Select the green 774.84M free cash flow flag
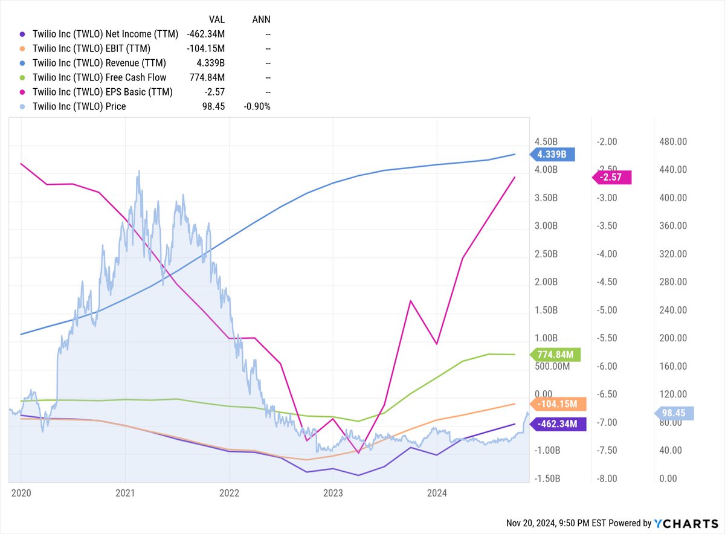point(554,355)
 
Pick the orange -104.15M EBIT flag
point(554,404)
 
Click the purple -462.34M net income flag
point(554,423)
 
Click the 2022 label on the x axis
point(229,493)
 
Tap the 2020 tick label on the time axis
point(21,493)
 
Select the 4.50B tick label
point(547,142)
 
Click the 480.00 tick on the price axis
point(673,142)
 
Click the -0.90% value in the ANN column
point(256,106)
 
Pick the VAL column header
point(216,19)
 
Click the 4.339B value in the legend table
point(212,63)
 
